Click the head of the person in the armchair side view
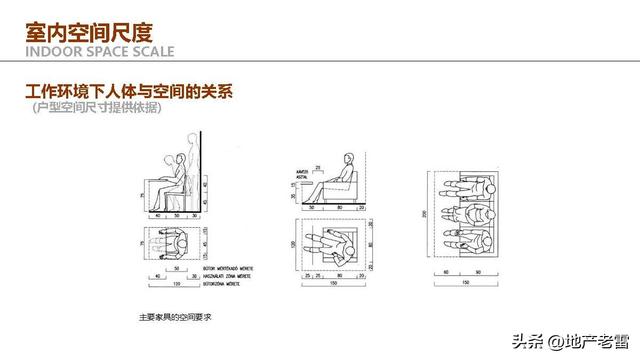(347, 159)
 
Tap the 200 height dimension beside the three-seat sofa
(425, 214)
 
